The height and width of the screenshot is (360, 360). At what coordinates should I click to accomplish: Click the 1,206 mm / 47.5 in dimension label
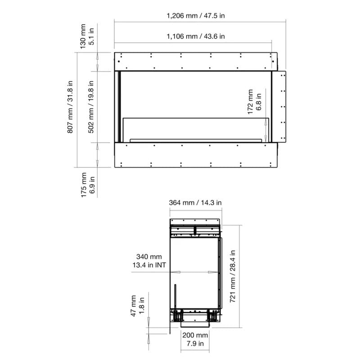point(196,16)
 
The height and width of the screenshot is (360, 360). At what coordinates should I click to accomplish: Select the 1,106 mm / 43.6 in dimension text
point(196,36)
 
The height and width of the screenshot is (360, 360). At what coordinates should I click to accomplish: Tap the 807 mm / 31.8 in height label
point(70,107)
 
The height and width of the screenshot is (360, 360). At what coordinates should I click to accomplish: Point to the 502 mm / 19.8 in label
point(91,107)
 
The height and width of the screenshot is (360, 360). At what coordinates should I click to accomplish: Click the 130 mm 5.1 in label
point(87,36)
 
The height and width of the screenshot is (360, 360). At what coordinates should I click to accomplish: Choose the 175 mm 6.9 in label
point(88,184)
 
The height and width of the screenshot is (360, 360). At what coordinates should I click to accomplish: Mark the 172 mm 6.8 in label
point(254,102)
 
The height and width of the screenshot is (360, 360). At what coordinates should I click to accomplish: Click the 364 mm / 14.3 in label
point(195,203)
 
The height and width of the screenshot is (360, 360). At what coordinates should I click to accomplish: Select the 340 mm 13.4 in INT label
point(149,261)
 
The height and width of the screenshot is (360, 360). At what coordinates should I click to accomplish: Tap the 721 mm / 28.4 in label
point(233,276)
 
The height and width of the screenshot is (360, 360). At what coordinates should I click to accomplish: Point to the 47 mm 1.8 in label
point(137,306)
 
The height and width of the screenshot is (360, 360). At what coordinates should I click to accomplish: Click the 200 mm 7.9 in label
point(195,339)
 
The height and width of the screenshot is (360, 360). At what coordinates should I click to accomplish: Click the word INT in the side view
point(161,265)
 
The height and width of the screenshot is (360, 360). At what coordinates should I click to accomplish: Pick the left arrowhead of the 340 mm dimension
point(175,272)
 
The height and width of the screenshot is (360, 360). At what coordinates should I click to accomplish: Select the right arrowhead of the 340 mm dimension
point(213,272)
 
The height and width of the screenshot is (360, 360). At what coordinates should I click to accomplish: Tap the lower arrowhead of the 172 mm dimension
point(265,138)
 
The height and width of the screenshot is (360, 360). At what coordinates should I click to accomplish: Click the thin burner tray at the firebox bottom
point(196,140)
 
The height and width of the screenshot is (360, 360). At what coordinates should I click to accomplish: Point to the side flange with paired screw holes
point(282,107)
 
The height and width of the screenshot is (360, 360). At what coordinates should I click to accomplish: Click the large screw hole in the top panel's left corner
point(119,62)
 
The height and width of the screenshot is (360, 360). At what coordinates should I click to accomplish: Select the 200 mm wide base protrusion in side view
point(195,324)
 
